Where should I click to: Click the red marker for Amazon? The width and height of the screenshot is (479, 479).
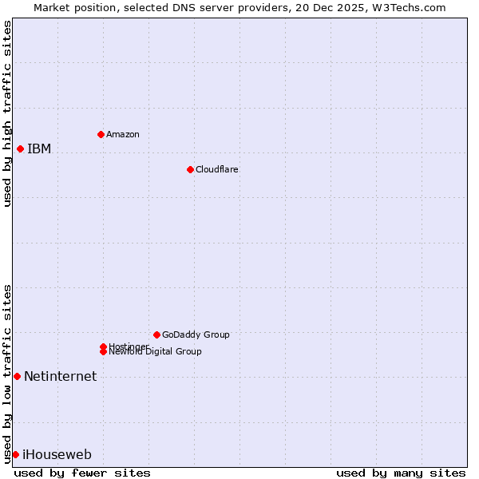coord(101,134)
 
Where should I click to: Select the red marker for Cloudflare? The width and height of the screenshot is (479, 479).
coord(190,169)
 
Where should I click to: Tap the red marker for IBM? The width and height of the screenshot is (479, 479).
coord(20,148)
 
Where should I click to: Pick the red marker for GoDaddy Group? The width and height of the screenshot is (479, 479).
coord(156,335)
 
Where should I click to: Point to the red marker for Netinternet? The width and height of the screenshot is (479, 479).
coord(17,376)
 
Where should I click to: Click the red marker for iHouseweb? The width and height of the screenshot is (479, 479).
coord(15,454)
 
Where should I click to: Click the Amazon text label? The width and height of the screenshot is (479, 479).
coord(123,134)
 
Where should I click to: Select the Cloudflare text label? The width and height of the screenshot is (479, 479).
coord(217,169)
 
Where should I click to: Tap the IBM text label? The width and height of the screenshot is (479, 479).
coord(39,148)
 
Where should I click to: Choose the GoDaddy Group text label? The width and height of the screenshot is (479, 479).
coord(196,335)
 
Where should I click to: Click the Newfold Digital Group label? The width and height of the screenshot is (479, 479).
coord(155,352)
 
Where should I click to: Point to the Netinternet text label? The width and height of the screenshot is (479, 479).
coord(61,376)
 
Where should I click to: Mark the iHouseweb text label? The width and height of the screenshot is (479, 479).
coord(57,454)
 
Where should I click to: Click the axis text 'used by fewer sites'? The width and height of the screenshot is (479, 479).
coord(82,473)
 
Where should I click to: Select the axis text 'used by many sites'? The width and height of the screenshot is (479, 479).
coord(401,473)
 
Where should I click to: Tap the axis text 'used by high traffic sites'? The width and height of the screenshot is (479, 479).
coord(7,113)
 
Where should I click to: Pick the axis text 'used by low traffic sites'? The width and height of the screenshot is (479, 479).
coord(7,373)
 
